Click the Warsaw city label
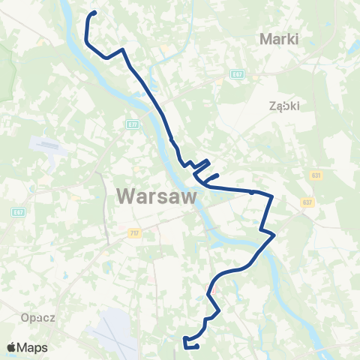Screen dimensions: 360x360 tap(157, 197)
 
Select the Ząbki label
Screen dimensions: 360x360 tap(284, 106)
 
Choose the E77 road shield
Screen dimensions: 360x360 tap(133, 124)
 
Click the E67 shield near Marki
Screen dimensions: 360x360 tap(237, 73)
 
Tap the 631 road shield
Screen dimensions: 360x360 tap(315, 175)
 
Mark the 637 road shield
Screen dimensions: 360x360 tap(307, 202)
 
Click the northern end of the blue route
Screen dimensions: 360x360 tap(95, 13)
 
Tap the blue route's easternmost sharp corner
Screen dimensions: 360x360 tap(275, 235)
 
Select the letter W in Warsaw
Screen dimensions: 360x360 tap(126, 197)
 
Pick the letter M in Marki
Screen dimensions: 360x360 tap(264, 38)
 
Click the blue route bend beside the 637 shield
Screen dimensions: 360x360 tap(271, 200)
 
